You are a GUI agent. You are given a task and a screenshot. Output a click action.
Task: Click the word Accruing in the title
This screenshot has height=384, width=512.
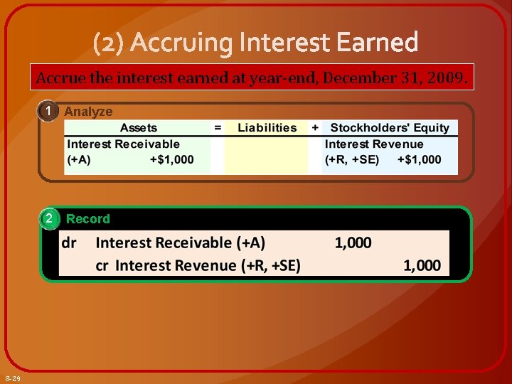pyautogui.click(x=181, y=43)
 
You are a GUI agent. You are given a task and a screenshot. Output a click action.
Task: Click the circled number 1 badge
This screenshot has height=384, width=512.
pyautogui.click(x=48, y=112)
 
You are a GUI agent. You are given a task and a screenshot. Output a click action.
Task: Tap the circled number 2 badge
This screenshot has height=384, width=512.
pyautogui.click(x=48, y=218)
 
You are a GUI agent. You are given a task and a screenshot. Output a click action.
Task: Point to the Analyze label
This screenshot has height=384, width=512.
pyautogui.click(x=88, y=112)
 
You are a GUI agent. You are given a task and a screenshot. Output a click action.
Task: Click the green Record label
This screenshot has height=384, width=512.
pyautogui.click(x=88, y=219)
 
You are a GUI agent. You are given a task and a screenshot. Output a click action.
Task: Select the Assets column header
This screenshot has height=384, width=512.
pyautogui.click(x=139, y=128)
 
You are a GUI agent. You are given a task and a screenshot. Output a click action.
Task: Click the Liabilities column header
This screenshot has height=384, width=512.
pyautogui.click(x=267, y=128)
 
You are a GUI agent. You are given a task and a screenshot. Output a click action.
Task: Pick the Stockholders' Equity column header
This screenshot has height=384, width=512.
pyautogui.click(x=390, y=128)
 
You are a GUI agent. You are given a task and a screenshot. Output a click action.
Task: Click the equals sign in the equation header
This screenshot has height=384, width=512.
pyautogui.click(x=218, y=128)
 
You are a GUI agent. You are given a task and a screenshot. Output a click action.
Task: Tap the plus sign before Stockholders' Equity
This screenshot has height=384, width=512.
pyautogui.click(x=314, y=128)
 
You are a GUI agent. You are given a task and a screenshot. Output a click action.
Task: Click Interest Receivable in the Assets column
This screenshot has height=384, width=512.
pyautogui.click(x=123, y=144)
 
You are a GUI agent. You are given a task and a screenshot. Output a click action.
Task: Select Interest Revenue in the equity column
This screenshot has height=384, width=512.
pyautogui.click(x=373, y=144)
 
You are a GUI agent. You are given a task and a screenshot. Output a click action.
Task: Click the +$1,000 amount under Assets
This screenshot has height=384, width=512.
pyautogui.click(x=171, y=159)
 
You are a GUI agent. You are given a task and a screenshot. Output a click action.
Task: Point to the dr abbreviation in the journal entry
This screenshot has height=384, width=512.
pyautogui.click(x=70, y=242)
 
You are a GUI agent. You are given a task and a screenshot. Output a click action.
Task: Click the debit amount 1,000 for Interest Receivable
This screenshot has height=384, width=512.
pyautogui.click(x=353, y=242)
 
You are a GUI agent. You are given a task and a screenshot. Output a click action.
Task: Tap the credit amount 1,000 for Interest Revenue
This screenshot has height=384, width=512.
pyautogui.click(x=422, y=265)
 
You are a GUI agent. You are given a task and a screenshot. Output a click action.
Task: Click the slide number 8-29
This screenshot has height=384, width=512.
pyautogui.click(x=12, y=378)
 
